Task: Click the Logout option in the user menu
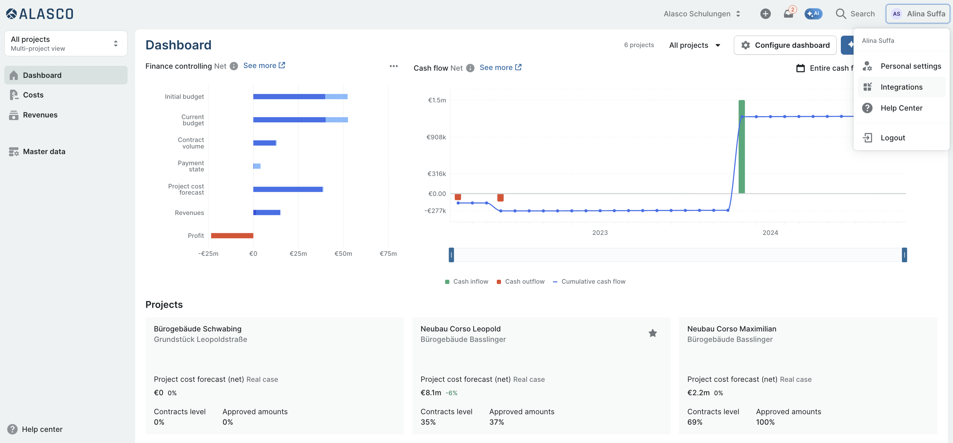892,138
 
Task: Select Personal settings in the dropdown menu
910,66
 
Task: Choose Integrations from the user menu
901,87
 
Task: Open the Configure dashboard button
785,45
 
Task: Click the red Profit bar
232,235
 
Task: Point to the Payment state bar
257,166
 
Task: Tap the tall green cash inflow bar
741,147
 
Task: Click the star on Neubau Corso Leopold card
652,333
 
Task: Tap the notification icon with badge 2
788,13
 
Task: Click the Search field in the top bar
855,14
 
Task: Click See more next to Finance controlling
264,65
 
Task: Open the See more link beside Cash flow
500,67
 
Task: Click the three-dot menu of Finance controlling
394,66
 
